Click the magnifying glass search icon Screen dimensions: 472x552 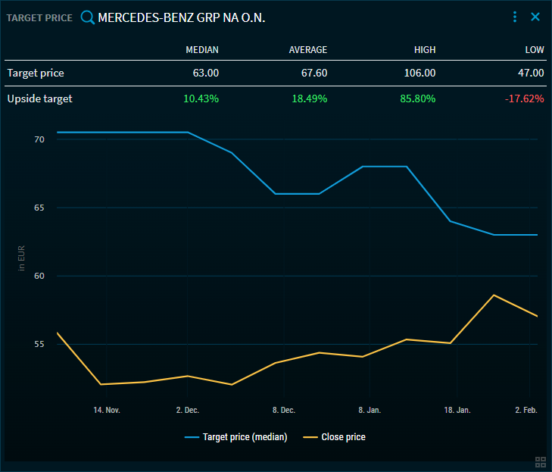click(88, 17)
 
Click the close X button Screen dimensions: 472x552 click(535, 17)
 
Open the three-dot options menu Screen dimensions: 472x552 click(515, 17)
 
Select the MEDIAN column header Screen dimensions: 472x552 click(202, 50)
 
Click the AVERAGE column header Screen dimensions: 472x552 click(308, 50)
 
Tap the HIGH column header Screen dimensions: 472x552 click(425, 50)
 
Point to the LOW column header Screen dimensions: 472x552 click(535, 50)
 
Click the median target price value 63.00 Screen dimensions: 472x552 click(206, 73)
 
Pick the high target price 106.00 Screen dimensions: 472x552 click(420, 73)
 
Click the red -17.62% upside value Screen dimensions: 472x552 click(523, 98)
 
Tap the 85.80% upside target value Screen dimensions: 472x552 click(418, 98)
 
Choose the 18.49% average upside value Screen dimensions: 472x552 click(310, 98)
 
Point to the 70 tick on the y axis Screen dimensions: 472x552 click(39, 140)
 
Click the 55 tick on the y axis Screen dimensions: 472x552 click(39, 345)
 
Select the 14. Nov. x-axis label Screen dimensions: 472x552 click(107, 410)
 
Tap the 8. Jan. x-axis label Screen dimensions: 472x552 click(370, 410)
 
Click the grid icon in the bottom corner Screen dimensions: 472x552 click(541, 462)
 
